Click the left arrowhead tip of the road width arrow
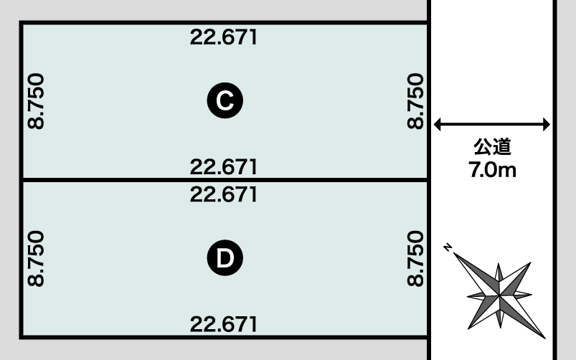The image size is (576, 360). click(x=434, y=125)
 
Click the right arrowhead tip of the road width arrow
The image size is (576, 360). click(x=550, y=125)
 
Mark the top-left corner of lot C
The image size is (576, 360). click(x=22, y=23)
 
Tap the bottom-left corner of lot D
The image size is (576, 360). click(x=22, y=337)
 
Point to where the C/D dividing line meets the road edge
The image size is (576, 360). click(x=428, y=179)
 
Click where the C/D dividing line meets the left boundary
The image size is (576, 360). click(x=22, y=179)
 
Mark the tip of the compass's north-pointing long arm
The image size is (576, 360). click(x=453, y=252)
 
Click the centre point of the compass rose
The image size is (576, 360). click(x=499, y=295)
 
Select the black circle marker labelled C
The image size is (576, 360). click(x=225, y=100)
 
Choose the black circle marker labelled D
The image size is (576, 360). click(x=225, y=258)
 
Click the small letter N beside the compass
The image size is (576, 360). click(x=448, y=247)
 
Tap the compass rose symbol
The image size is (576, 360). click(x=499, y=295)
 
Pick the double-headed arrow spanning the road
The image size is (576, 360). click(x=492, y=125)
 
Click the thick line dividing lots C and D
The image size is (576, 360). click(x=225, y=179)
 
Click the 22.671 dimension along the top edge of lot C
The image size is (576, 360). click(x=224, y=37)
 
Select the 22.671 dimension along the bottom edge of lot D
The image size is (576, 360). click(x=224, y=324)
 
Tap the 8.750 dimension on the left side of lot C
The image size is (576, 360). click(x=36, y=101)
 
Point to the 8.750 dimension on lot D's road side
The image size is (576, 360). click(x=415, y=259)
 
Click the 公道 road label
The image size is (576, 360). click(x=492, y=146)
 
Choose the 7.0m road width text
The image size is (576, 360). click(x=492, y=170)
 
